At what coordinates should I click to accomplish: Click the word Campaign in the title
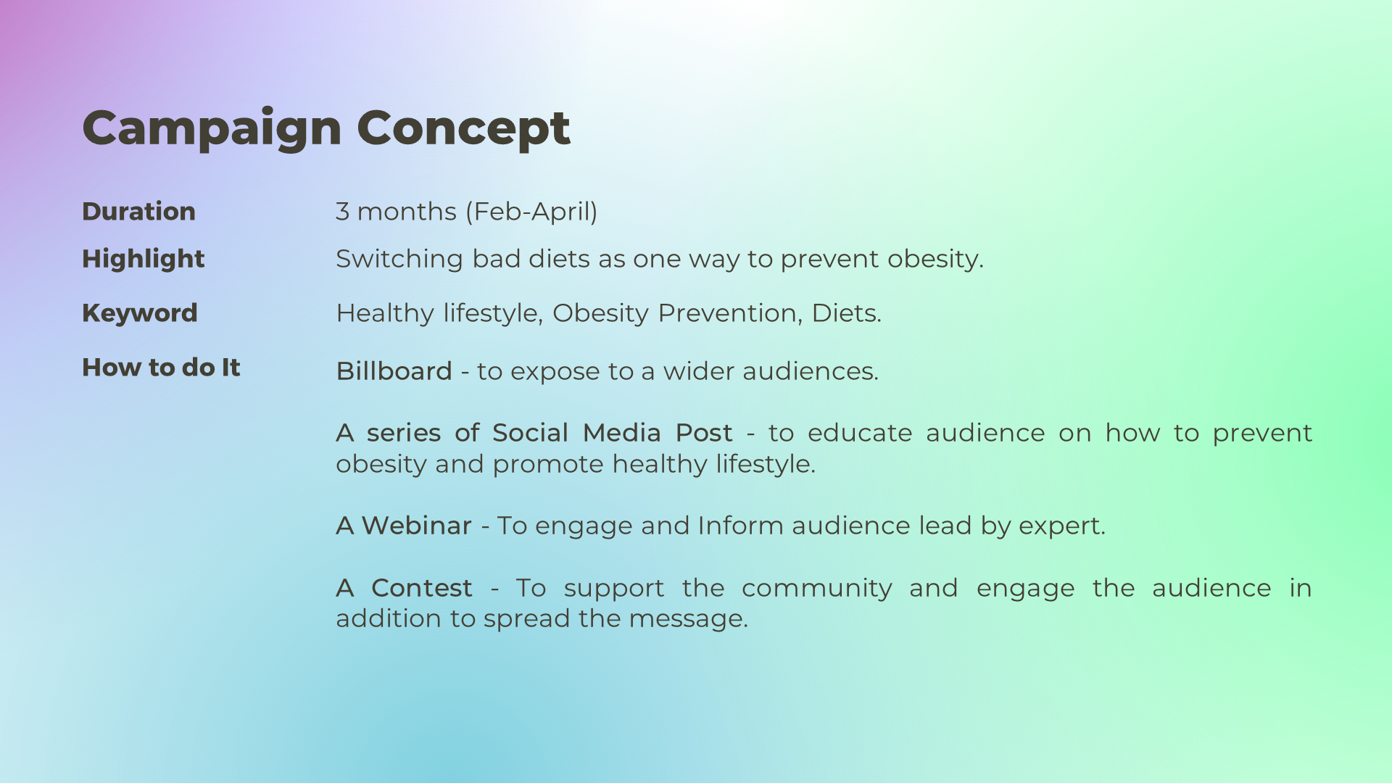[212, 129]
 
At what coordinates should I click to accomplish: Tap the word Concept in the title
[463, 129]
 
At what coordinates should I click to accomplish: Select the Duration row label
[138, 211]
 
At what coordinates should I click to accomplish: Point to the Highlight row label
[143, 259]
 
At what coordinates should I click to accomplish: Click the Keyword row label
[139, 313]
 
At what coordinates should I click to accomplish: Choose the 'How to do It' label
[161, 367]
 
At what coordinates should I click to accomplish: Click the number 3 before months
[342, 212]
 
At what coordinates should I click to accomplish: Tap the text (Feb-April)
[531, 212]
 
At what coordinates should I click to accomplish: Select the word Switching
[399, 259]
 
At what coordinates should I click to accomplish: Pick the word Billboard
[394, 371]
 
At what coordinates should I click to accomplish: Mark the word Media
[622, 433]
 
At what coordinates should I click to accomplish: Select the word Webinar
[416, 526]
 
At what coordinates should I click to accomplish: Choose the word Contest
[422, 588]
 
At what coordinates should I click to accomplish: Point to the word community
[817, 589]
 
